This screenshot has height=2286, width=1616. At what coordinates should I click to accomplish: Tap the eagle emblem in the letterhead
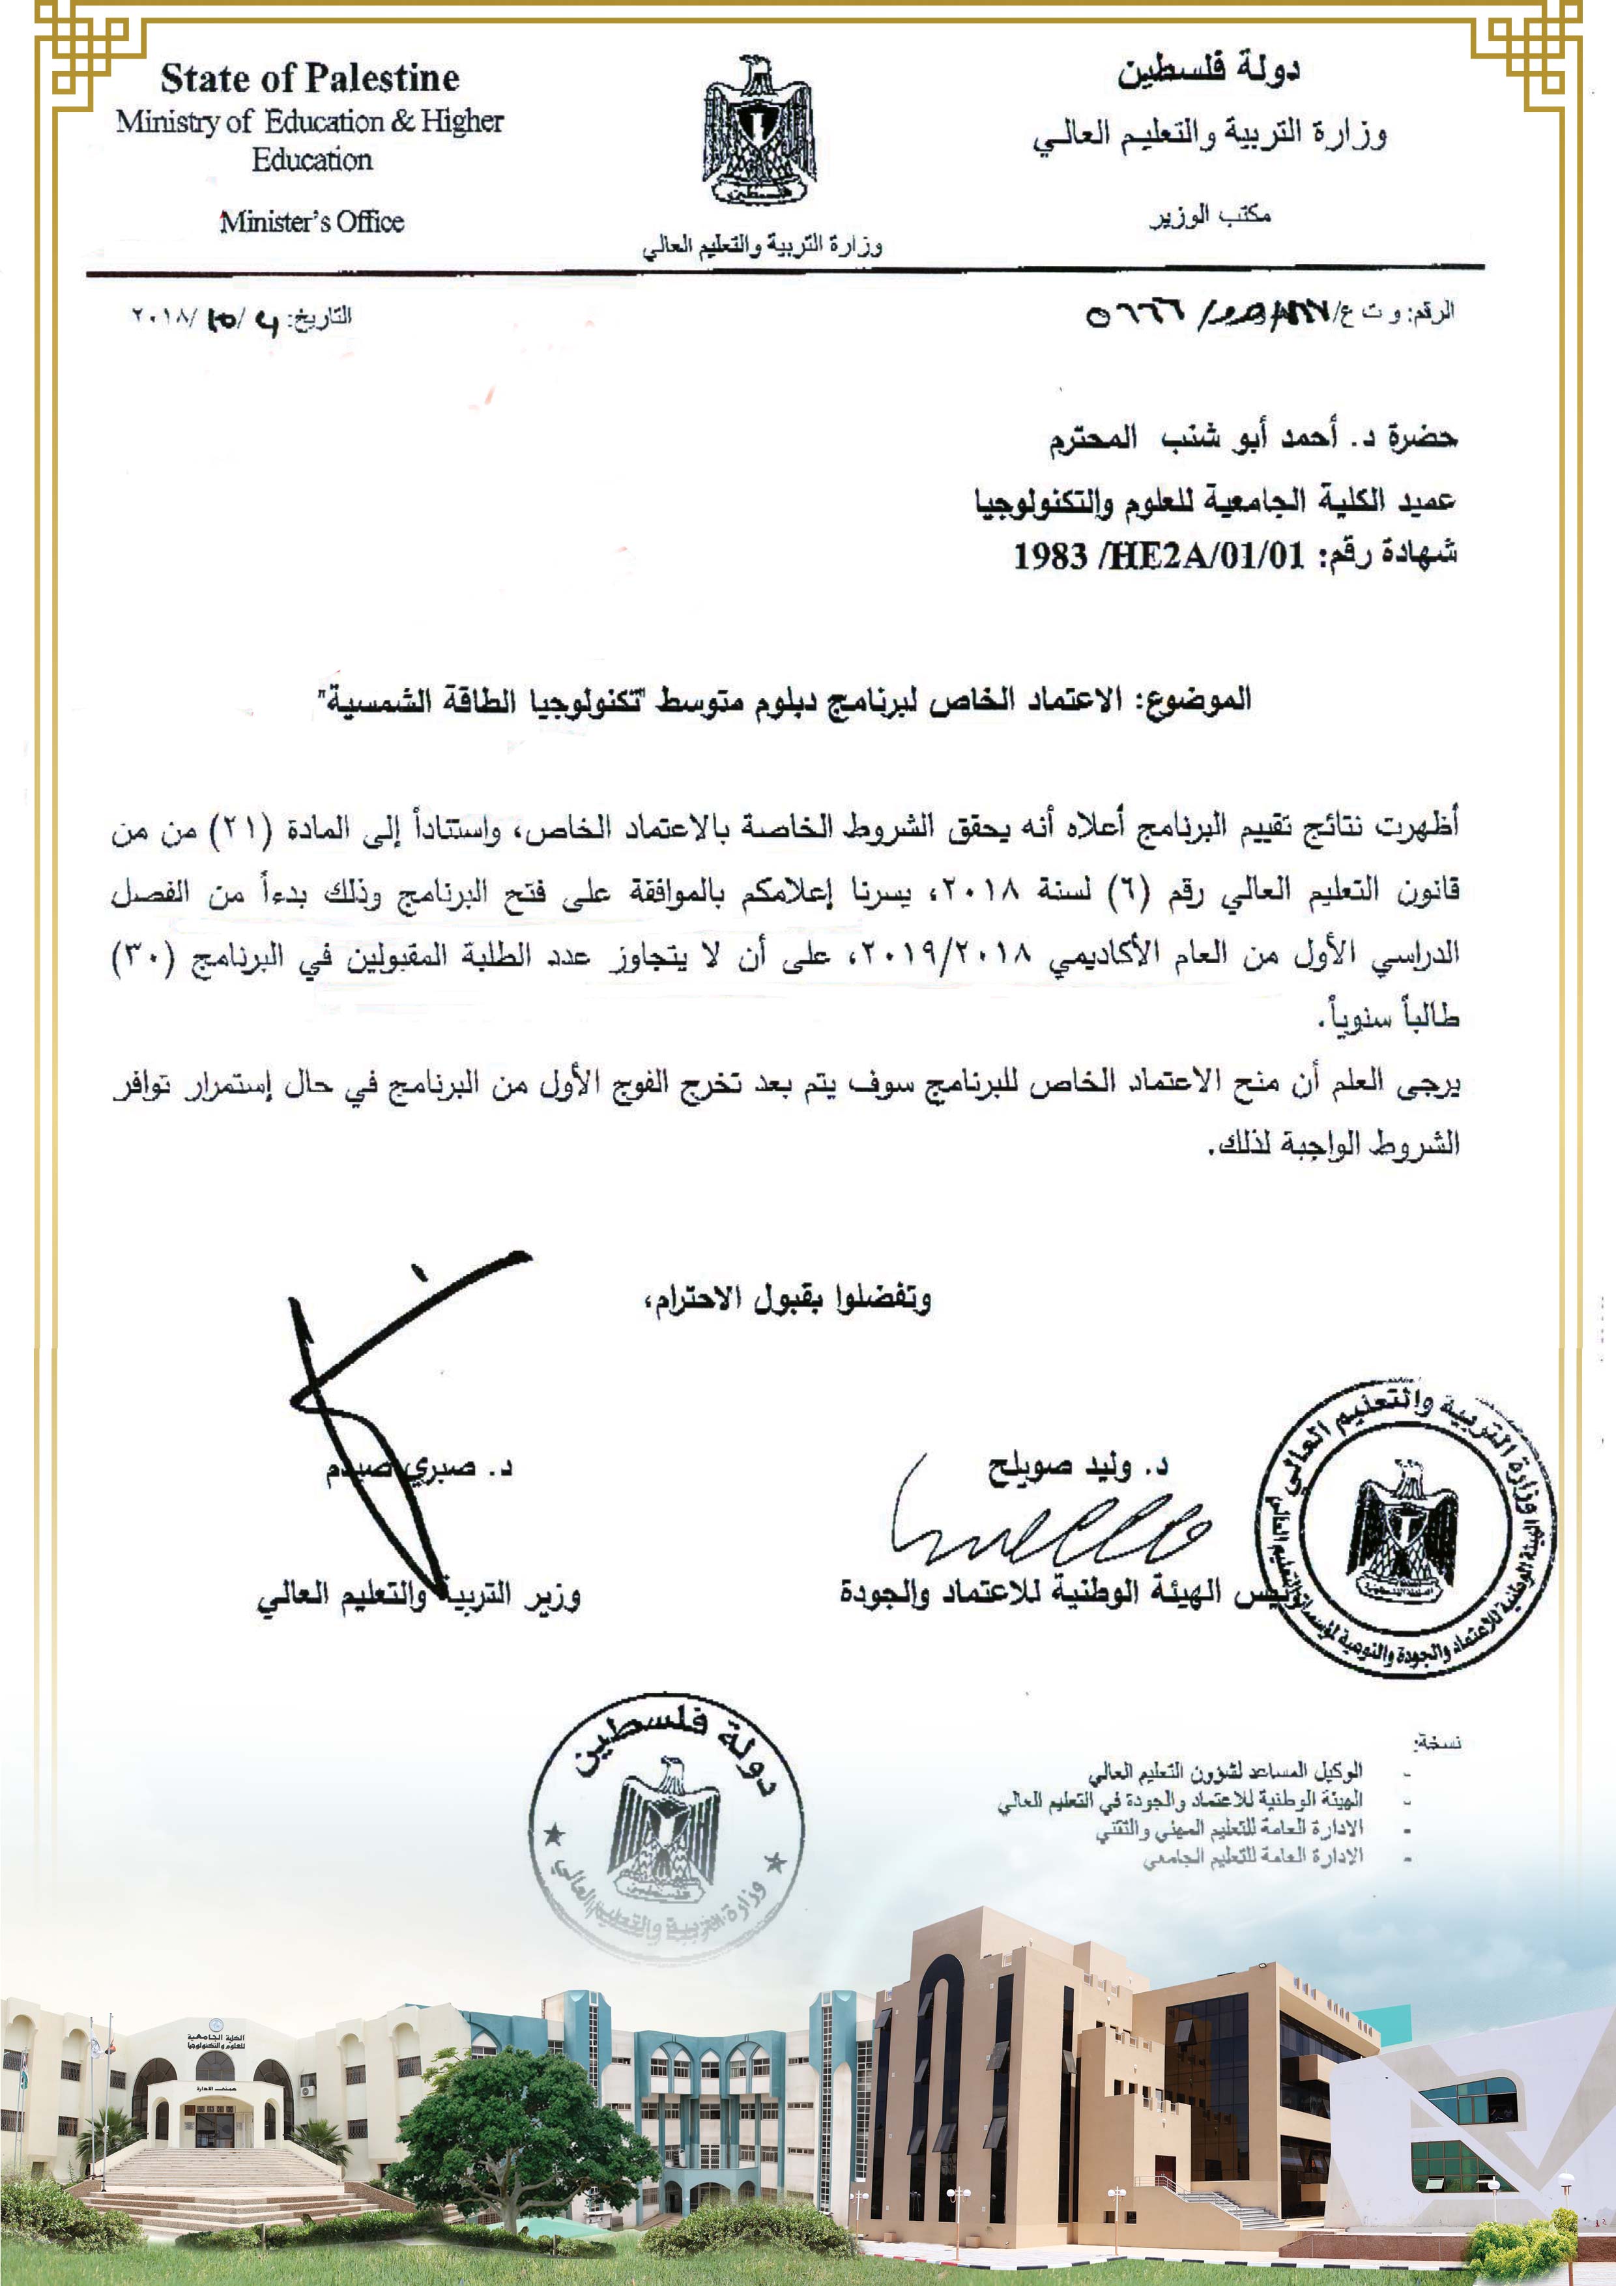click(x=760, y=132)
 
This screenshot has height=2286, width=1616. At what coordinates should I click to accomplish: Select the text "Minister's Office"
click(x=311, y=221)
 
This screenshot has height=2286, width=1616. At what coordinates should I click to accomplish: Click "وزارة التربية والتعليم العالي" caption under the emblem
click(x=762, y=245)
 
